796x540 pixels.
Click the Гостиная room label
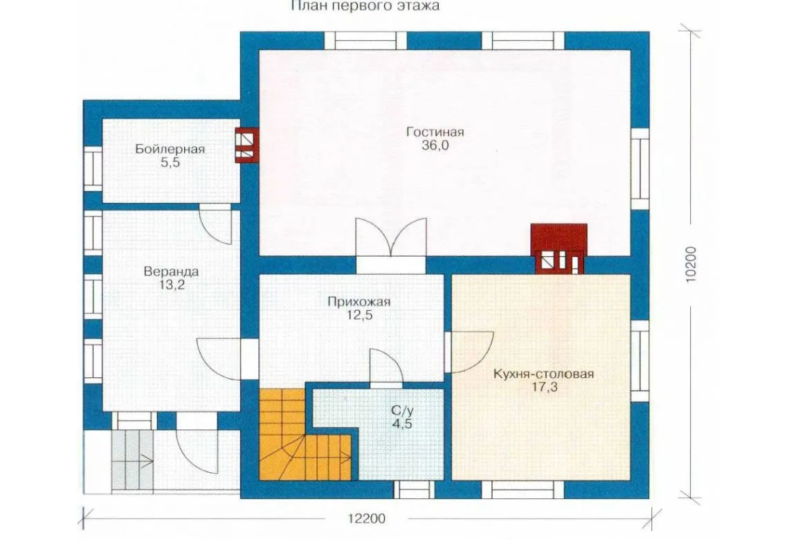click(x=435, y=132)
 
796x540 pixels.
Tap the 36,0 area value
click(x=435, y=146)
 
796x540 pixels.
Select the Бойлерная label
click(x=170, y=150)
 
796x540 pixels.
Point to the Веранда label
click(x=171, y=271)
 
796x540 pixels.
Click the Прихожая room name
click(x=359, y=303)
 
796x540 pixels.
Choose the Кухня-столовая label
click(x=543, y=375)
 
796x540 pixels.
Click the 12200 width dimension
click(x=367, y=519)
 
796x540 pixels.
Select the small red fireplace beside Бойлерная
click(x=247, y=145)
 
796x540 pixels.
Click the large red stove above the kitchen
click(x=559, y=249)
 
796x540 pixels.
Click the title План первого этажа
click(x=365, y=6)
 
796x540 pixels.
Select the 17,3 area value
click(x=543, y=388)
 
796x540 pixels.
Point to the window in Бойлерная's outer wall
click(x=93, y=168)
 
